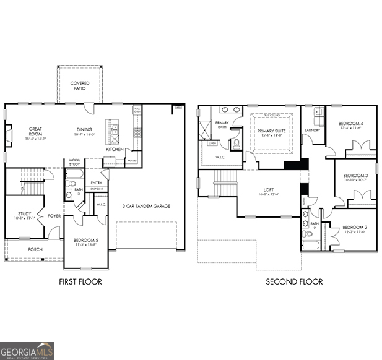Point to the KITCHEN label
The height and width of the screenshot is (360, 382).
(115, 149)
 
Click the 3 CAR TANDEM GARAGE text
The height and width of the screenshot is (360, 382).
(145, 206)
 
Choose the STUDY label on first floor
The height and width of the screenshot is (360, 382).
(24, 214)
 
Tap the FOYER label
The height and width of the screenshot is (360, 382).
(54, 216)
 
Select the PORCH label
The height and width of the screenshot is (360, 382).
(35, 249)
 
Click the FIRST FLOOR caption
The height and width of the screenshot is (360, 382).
(81, 281)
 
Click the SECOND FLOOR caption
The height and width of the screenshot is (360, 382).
(294, 281)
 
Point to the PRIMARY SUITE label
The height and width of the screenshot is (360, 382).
(271, 131)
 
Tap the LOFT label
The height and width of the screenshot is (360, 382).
(269, 190)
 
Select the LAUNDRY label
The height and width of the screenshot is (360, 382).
(312, 130)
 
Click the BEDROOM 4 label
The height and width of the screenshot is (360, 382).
(350, 124)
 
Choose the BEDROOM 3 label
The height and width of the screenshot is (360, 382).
(355, 176)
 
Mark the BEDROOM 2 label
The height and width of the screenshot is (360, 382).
(354, 228)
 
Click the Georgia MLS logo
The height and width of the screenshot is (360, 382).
(27, 351)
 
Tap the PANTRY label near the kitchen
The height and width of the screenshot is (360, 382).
(131, 161)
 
